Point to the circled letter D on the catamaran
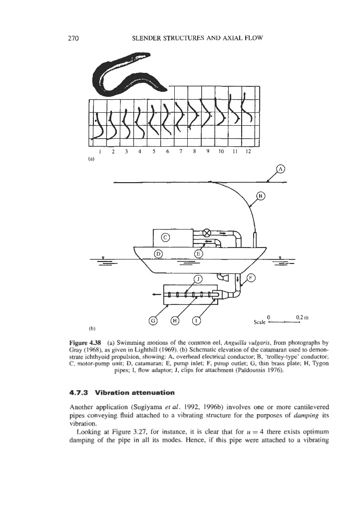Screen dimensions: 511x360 click(x=159, y=254)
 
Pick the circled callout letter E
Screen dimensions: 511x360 click(x=198, y=254)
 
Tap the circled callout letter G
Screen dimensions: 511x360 click(x=153, y=320)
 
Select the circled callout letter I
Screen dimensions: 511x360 click(x=196, y=320)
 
